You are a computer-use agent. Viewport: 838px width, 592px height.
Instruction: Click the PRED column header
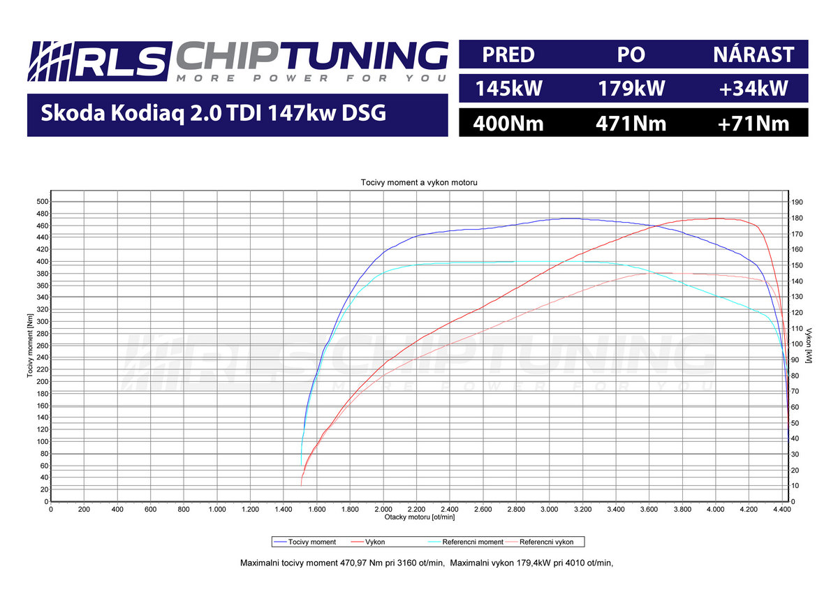click(508, 54)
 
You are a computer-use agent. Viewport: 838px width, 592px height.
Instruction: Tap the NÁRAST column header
click(754, 54)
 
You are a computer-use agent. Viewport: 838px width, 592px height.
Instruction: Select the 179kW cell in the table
click(631, 89)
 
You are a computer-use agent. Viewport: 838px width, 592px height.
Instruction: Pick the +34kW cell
click(754, 89)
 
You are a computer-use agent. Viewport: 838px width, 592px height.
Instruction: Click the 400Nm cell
click(508, 124)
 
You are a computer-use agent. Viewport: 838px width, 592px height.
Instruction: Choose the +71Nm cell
click(754, 124)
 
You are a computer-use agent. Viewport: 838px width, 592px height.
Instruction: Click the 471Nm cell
click(631, 124)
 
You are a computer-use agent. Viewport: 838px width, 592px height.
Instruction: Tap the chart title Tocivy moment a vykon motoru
click(419, 182)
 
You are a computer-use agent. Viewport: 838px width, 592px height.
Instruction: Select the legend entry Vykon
click(374, 542)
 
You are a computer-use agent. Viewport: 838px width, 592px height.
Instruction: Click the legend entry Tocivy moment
click(312, 542)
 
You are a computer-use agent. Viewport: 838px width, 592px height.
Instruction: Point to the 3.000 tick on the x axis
click(549, 510)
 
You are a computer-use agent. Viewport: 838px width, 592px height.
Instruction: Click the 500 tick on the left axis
click(42, 202)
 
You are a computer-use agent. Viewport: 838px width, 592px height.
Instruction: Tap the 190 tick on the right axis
click(797, 202)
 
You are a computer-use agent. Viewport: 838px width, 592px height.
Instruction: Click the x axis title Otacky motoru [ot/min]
click(419, 517)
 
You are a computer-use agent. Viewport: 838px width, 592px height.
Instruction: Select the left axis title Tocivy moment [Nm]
click(31, 346)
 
